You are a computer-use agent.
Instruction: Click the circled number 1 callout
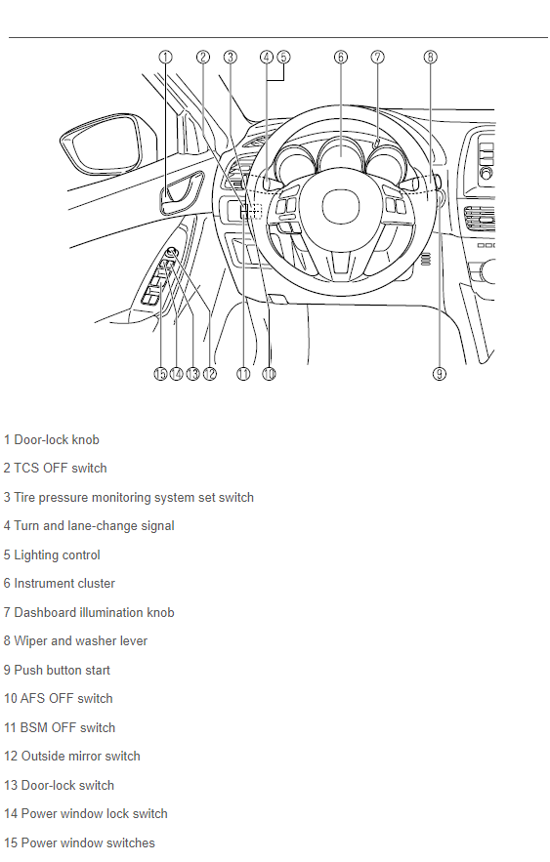(165, 58)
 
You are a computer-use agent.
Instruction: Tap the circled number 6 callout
(341, 58)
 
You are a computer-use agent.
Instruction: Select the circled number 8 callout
(431, 58)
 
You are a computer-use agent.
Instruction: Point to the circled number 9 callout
(439, 374)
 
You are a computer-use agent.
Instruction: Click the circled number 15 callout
(160, 374)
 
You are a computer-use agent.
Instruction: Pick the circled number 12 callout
(210, 374)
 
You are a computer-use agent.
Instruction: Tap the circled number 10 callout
(269, 374)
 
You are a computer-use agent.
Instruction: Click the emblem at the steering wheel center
(340, 207)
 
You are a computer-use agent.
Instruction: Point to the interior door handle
(181, 192)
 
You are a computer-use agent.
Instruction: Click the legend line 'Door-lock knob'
(51, 440)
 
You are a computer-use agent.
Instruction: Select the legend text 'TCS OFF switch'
(55, 469)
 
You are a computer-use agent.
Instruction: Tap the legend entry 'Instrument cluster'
(60, 583)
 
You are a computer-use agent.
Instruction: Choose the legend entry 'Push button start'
(57, 670)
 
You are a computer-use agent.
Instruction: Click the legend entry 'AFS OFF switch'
(59, 699)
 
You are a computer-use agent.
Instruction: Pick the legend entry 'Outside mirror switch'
(72, 757)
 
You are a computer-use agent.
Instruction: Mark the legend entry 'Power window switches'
(79, 843)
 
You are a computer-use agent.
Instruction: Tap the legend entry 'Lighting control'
(52, 555)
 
